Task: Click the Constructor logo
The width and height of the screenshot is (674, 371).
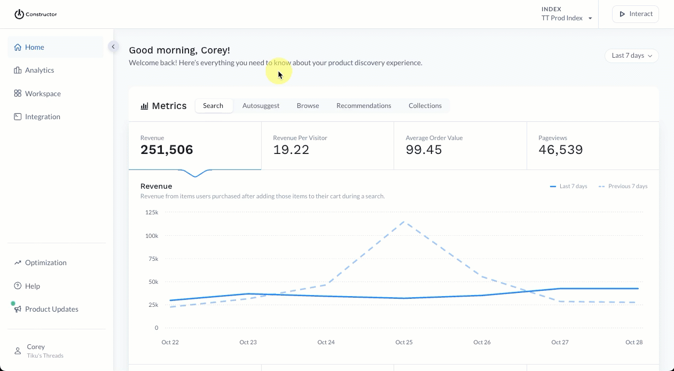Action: pos(35,14)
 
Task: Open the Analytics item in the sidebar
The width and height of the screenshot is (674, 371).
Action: pos(40,70)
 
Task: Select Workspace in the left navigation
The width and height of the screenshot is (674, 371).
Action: pos(43,94)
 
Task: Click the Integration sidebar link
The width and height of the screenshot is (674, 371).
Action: pos(42,117)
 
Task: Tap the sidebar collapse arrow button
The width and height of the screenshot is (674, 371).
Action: pos(113,47)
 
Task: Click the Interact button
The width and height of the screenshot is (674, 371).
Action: pos(635,14)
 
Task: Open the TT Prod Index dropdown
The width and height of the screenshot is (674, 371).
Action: pos(567,18)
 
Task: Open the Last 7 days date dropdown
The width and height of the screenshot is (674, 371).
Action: pos(631,56)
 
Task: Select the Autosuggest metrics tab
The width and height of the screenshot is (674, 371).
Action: pos(261,106)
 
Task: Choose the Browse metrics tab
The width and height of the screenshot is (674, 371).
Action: pos(308,106)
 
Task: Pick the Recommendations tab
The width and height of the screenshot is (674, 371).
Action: pos(364,106)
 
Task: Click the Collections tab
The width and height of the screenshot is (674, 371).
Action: pos(425,106)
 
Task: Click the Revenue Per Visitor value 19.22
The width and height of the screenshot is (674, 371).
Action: pos(291,150)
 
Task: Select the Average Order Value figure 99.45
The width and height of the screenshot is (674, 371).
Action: pos(424,150)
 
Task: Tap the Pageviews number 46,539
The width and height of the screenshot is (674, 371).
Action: pos(560,150)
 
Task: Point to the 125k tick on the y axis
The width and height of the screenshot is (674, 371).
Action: pos(151,213)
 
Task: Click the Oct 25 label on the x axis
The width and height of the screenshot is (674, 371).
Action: pos(404,342)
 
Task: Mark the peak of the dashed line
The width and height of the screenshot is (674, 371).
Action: pos(404,221)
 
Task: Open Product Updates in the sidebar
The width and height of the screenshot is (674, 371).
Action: pos(51,309)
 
